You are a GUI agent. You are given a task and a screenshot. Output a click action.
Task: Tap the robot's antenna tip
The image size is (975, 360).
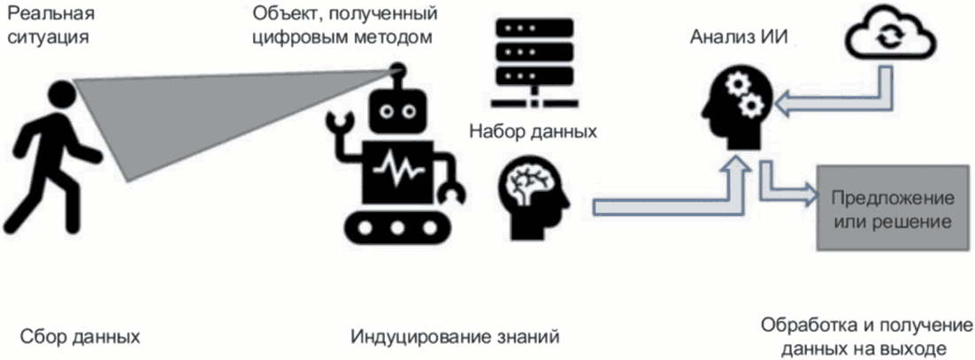(397, 67)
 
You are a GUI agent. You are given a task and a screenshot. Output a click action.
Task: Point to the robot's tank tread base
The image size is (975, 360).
(395, 226)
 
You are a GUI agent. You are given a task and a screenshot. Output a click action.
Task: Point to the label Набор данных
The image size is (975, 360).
(533, 132)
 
